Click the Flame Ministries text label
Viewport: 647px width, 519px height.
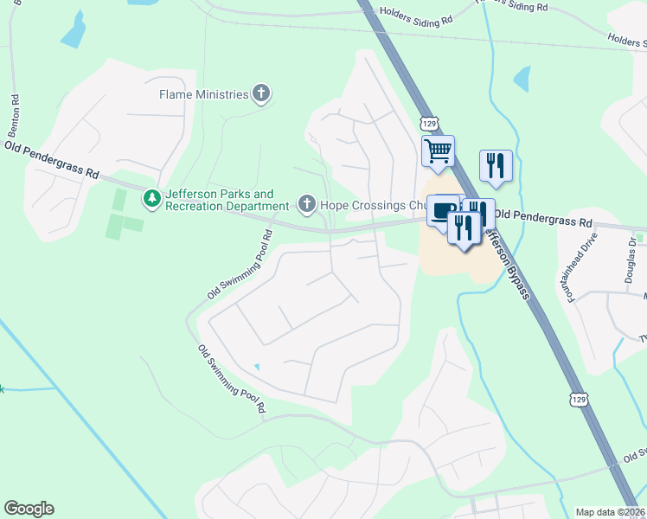click(x=203, y=94)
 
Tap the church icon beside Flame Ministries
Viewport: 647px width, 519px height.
click(x=261, y=94)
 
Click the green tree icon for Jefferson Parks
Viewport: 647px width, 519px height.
click(x=152, y=200)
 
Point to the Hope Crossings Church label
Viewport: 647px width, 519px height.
click(x=372, y=205)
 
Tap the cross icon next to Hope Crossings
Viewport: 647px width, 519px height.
click(x=306, y=205)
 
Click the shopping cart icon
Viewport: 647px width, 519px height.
click(x=438, y=151)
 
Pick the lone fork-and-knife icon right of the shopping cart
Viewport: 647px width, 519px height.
click(x=496, y=164)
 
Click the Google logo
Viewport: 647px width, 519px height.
click(x=29, y=509)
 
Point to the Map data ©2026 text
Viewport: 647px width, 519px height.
click(x=609, y=512)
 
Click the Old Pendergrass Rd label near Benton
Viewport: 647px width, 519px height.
click(x=51, y=159)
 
